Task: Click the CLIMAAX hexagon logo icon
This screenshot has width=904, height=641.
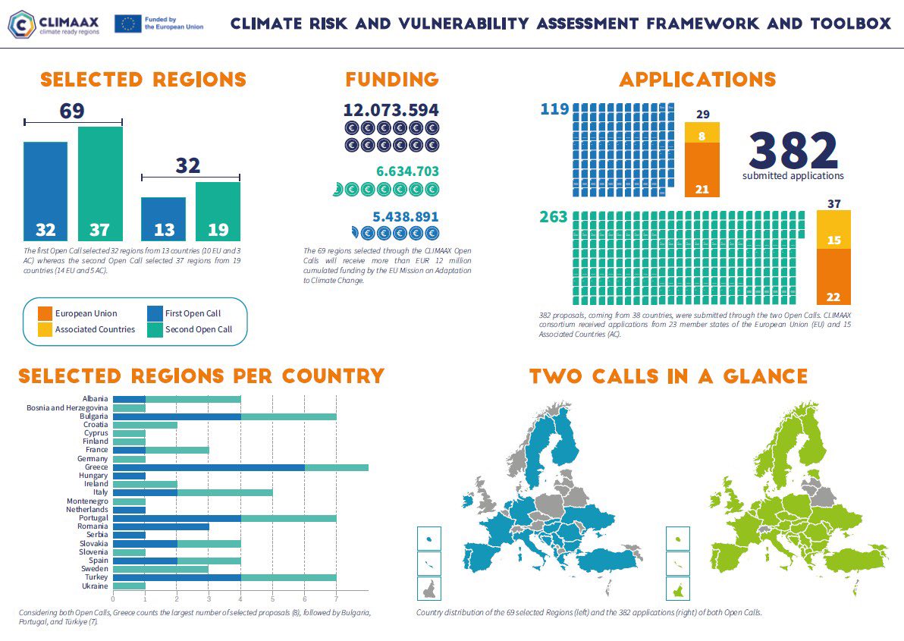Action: [22, 24]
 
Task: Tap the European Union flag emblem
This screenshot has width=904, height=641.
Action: [127, 24]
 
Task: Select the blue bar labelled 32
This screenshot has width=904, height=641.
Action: [46, 190]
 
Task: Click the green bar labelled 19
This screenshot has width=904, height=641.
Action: [218, 211]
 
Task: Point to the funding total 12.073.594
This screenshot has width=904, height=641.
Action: [391, 110]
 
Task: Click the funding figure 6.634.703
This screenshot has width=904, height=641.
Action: [407, 171]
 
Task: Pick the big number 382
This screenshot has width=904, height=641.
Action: [793, 150]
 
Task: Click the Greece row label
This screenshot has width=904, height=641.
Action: [96, 467]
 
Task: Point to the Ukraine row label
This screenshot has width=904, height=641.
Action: [95, 586]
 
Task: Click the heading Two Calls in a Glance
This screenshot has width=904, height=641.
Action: [668, 376]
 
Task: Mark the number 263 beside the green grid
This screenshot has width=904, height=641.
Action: [553, 218]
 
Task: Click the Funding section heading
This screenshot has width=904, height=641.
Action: [391, 80]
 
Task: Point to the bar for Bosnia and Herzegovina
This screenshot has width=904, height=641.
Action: [129, 408]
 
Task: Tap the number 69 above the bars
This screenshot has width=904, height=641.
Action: [72, 112]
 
